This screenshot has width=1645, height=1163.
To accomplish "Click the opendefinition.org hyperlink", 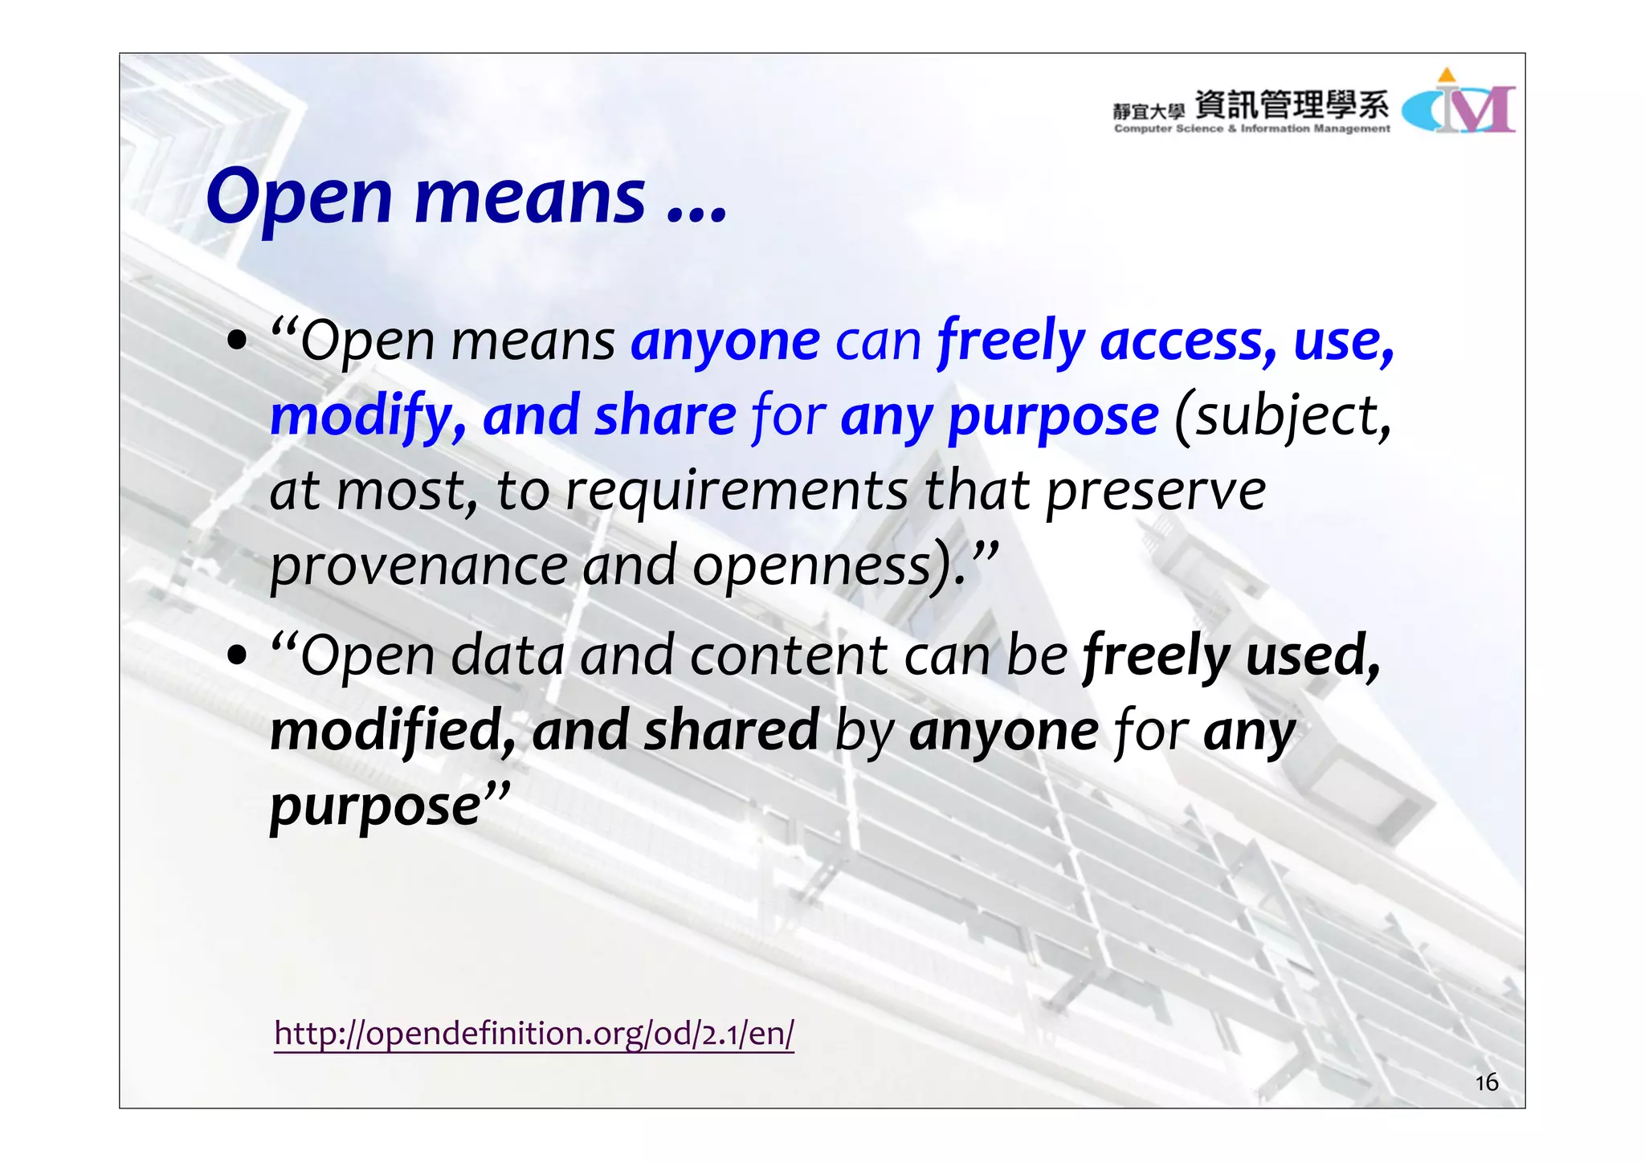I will [533, 1034].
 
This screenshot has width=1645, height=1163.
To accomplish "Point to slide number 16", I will [1486, 1083].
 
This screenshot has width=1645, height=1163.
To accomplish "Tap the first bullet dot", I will [237, 341].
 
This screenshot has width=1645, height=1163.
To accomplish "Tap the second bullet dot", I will [237, 656].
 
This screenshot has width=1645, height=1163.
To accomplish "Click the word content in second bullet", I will [789, 656].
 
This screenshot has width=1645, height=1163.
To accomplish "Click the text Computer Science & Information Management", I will [1251, 129].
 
